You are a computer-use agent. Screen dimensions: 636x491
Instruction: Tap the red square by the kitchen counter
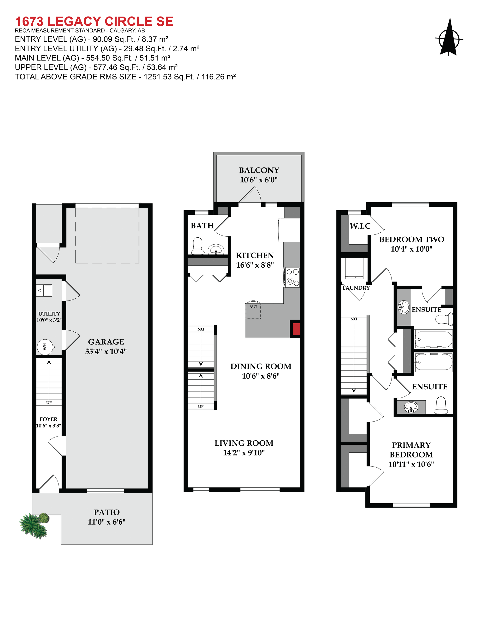296,329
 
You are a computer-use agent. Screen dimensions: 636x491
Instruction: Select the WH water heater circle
45,347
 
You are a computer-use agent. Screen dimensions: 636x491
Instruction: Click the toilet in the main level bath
198,246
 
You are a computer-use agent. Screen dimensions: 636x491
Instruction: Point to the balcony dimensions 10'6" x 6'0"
259,180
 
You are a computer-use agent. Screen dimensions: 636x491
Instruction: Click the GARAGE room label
106,342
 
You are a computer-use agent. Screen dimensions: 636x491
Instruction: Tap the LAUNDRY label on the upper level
356,288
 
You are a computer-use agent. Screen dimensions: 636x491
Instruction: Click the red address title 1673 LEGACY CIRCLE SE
94,21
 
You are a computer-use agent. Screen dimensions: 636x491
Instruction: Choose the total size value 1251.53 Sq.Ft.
169,77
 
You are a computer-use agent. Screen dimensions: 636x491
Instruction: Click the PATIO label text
106,512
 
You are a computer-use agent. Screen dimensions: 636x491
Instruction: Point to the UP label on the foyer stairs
49,402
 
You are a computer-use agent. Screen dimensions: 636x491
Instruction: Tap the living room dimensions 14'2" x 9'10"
244,453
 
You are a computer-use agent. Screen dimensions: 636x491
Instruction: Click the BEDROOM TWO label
412,239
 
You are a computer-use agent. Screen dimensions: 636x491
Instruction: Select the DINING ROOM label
261,366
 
